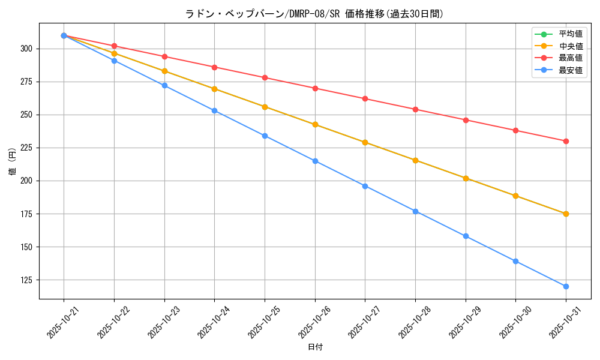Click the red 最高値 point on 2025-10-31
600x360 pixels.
click(566, 141)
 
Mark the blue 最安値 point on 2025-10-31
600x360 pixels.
click(566, 286)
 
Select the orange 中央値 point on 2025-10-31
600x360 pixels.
click(566, 214)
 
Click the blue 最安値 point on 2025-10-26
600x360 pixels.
click(315, 161)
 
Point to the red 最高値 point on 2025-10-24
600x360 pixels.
click(214, 67)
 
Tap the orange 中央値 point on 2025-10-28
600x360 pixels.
click(415, 160)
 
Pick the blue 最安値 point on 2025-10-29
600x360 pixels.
click(466, 236)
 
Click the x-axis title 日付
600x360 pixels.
click(315, 347)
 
